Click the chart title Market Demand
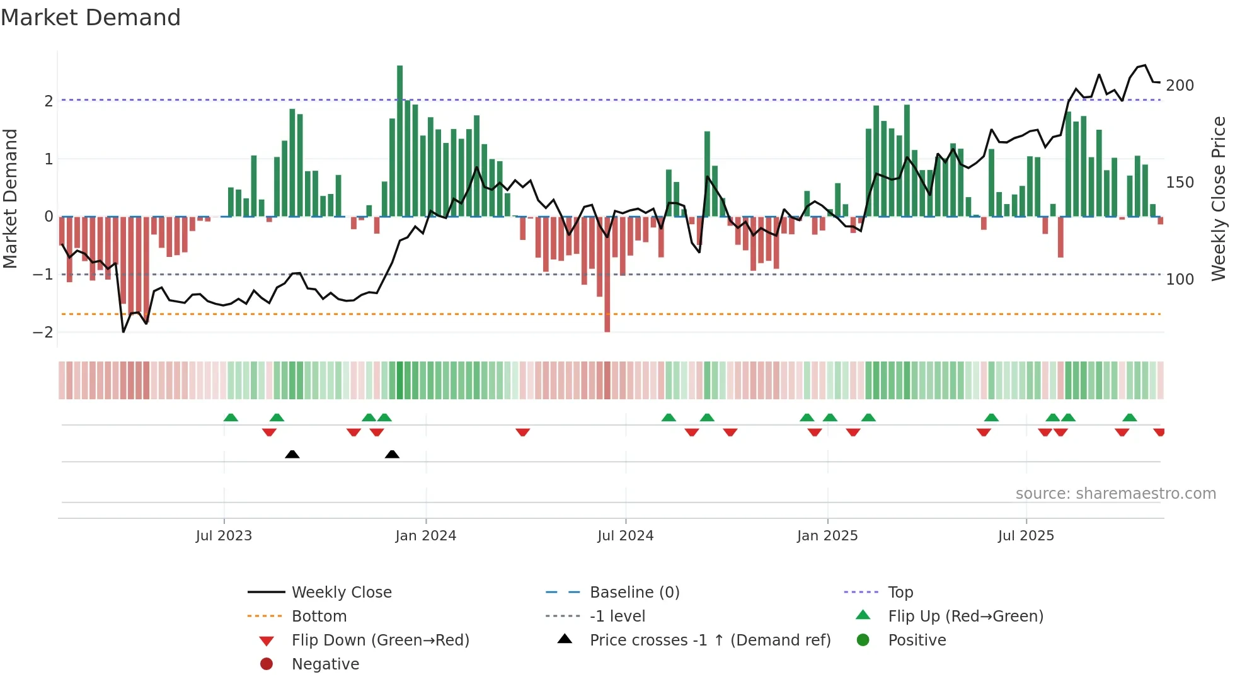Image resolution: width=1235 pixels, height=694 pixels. point(91,18)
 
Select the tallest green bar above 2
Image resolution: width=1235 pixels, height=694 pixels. point(399,141)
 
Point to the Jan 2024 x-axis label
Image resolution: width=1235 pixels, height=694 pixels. point(425,536)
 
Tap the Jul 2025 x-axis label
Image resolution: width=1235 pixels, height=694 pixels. point(1026,536)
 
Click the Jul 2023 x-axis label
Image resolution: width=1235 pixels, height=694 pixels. point(224,536)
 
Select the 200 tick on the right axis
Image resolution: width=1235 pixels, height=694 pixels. point(1180,86)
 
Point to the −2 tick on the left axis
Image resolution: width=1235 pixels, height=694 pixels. point(43,333)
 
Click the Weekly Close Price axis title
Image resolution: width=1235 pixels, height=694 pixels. point(1219,198)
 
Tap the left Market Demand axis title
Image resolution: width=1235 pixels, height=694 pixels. point(11,198)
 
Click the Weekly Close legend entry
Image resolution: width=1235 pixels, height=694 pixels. point(341,593)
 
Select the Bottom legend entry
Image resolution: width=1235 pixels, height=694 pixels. point(319,617)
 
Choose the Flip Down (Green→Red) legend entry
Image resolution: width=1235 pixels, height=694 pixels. point(380,640)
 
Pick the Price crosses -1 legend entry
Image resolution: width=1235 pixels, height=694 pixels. point(709,640)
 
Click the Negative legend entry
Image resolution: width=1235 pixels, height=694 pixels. point(325,664)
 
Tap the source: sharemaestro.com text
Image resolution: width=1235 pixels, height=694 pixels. point(1115,494)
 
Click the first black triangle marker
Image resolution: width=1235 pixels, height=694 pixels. point(292,454)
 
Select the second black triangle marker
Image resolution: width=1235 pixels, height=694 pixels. point(392,454)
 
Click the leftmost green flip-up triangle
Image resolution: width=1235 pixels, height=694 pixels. point(231,418)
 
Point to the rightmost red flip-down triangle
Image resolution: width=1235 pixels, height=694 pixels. point(1159,432)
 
